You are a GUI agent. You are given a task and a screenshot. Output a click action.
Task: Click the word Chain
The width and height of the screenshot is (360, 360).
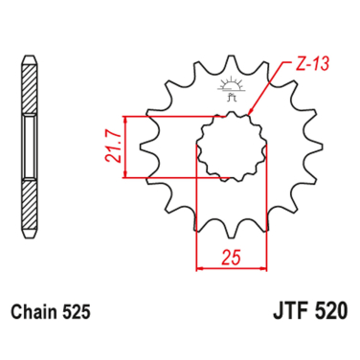pos(35,312)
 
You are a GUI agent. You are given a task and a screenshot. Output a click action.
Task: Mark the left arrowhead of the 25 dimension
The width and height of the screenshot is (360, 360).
pos(199,266)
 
